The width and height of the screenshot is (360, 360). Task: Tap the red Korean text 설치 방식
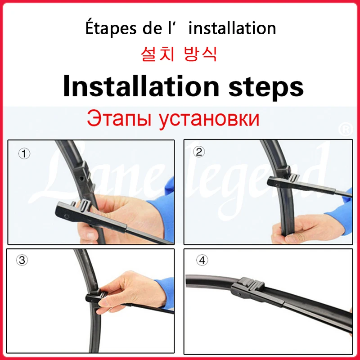(180, 55)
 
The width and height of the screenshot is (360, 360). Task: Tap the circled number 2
(199, 152)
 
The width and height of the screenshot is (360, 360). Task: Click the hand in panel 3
(130, 292)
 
